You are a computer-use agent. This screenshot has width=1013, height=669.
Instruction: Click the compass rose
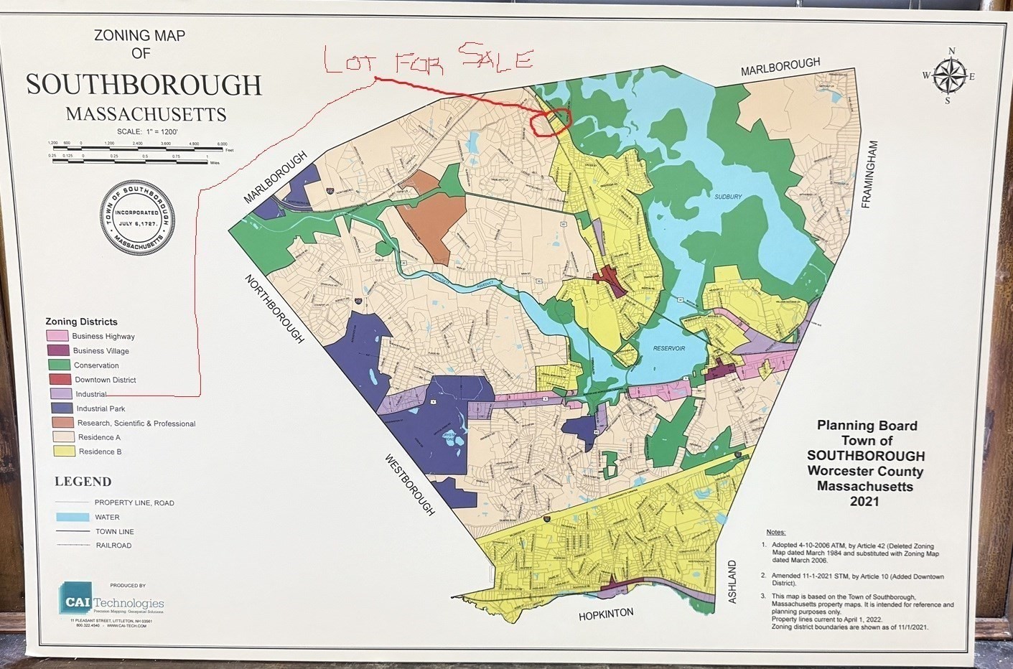950,76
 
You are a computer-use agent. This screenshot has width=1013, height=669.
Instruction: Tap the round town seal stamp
137,217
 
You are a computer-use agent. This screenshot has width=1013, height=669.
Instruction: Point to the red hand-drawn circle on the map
550,120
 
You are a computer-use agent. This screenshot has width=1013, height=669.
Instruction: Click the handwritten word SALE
495,57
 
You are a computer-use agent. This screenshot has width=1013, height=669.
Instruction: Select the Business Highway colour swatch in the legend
57,336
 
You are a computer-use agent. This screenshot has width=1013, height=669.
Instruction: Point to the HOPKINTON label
606,614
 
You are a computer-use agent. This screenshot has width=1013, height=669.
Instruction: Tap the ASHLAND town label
732,581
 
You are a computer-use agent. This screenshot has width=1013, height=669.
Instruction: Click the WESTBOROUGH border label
409,484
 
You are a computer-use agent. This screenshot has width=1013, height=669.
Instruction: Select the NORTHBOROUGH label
274,308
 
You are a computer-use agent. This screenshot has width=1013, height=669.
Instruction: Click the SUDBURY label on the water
728,197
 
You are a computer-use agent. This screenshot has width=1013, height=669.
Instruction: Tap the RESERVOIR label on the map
668,349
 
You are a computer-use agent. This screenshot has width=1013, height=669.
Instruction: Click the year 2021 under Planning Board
864,502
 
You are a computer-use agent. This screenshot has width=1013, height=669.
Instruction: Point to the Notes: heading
775,532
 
